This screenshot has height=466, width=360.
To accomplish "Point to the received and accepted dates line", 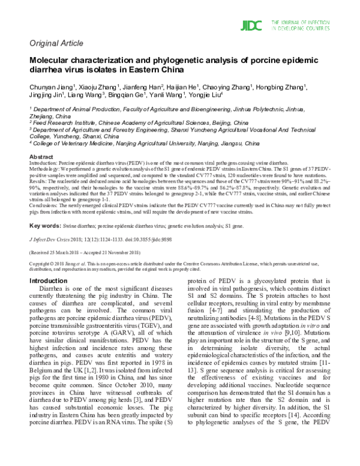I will [80, 253].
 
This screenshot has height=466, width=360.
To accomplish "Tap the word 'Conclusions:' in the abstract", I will [44, 206].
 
